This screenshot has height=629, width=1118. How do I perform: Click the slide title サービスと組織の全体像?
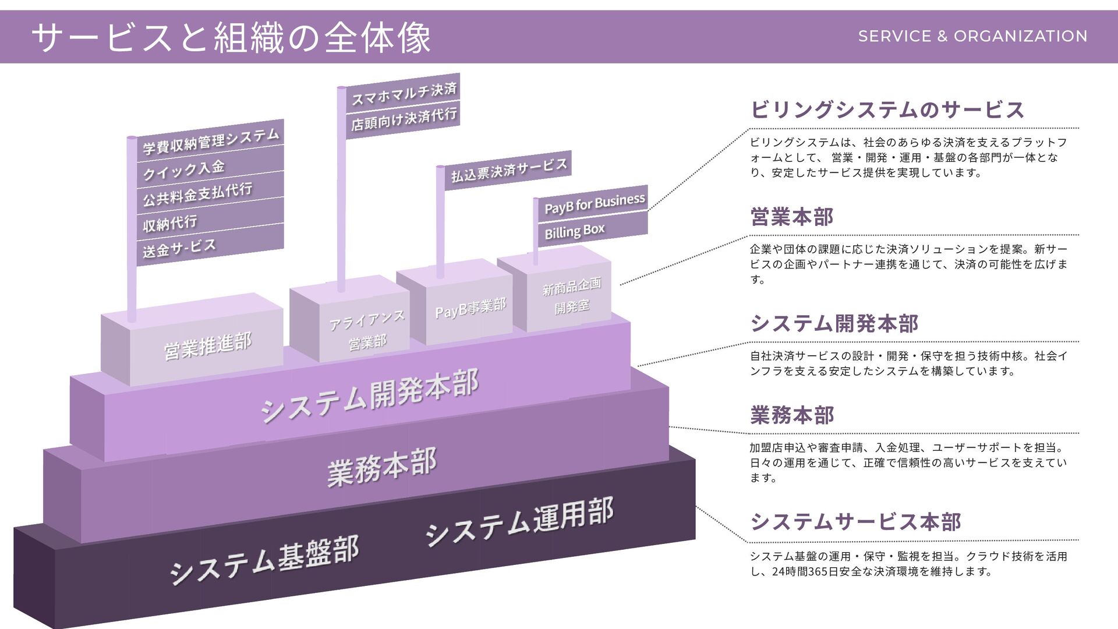[x=231, y=38]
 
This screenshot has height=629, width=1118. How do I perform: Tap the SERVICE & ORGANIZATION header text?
[x=972, y=36]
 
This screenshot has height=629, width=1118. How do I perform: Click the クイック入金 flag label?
[x=184, y=170]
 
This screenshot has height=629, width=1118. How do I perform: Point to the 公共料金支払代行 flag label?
[x=198, y=195]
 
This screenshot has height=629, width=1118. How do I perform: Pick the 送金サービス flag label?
[x=179, y=248]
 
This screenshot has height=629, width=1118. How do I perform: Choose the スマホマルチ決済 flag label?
[x=404, y=93]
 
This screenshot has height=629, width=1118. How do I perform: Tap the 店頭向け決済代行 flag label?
[x=404, y=119]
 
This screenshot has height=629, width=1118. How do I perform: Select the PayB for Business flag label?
[x=595, y=203]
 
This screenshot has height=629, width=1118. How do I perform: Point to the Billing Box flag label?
[x=575, y=231]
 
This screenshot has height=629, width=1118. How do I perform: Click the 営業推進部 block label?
[x=208, y=345]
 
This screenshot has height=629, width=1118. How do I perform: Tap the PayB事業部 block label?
[x=470, y=308]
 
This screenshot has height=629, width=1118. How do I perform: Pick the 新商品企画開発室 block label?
[x=572, y=295]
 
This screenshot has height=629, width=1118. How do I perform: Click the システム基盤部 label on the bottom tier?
[x=264, y=559]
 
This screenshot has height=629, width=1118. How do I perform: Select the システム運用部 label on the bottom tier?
[x=519, y=521]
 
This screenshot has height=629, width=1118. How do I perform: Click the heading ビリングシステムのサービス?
[x=887, y=109]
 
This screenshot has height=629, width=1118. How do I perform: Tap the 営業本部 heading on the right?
[x=792, y=217]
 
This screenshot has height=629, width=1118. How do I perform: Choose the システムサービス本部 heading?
[x=855, y=521]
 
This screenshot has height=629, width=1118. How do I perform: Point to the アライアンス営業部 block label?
[x=367, y=330]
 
